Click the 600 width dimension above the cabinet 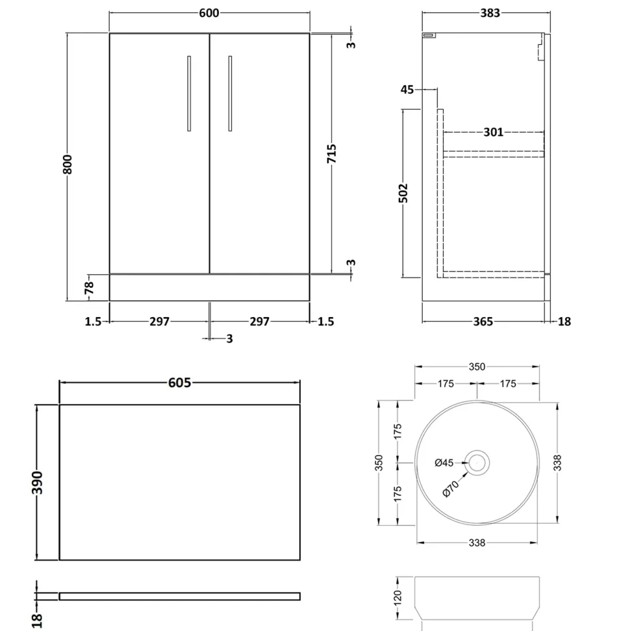[x=209, y=13]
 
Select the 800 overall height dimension [x=67, y=164]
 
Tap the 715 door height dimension [x=331, y=153]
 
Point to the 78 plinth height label [x=89, y=287]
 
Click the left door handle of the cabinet [x=189, y=94]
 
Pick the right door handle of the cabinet [x=230, y=94]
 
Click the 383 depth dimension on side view [x=490, y=13]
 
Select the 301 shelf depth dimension [x=493, y=132]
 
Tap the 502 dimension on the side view [x=403, y=193]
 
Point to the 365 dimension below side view [x=483, y=322]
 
